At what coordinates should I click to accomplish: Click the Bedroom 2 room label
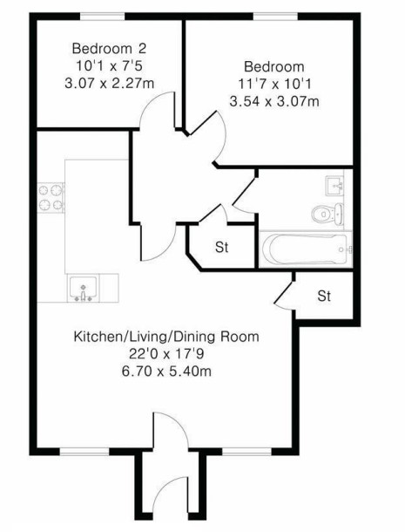tap(109, 49)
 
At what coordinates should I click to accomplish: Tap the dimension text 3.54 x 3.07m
tap(274, 101)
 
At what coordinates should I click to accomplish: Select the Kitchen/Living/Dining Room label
tap(166, 337)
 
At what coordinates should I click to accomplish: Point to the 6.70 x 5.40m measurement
tap(166, 371)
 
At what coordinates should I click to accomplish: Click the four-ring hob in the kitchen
tap(51, 198)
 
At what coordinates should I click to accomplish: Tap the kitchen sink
tap(83, 289)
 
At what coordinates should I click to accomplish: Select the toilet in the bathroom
tap(327, 214)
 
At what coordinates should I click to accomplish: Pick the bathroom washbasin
tap(334, 185)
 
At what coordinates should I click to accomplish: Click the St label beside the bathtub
tap(221, 247)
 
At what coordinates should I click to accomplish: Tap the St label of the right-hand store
tap(324, 296)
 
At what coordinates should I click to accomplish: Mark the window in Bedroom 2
tap(103, 17)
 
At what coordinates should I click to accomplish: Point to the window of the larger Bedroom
tap(275, 17)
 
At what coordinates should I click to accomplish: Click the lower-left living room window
tap(84, 451)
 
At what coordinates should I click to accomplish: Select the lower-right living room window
tap(246, 451)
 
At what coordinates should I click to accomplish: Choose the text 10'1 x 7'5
tap(109, 65)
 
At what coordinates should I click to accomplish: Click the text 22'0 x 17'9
tap(166, 354)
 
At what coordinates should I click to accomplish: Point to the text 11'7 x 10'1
tap(274, 84)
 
